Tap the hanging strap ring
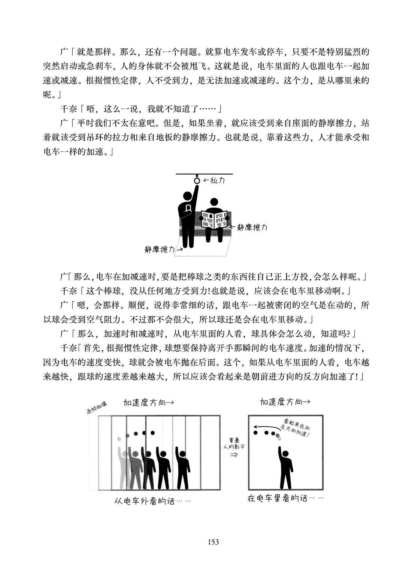coord(197,179)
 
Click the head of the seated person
coord(214,202)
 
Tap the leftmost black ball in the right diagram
coord(255,433)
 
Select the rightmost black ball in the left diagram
coord(152,433)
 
